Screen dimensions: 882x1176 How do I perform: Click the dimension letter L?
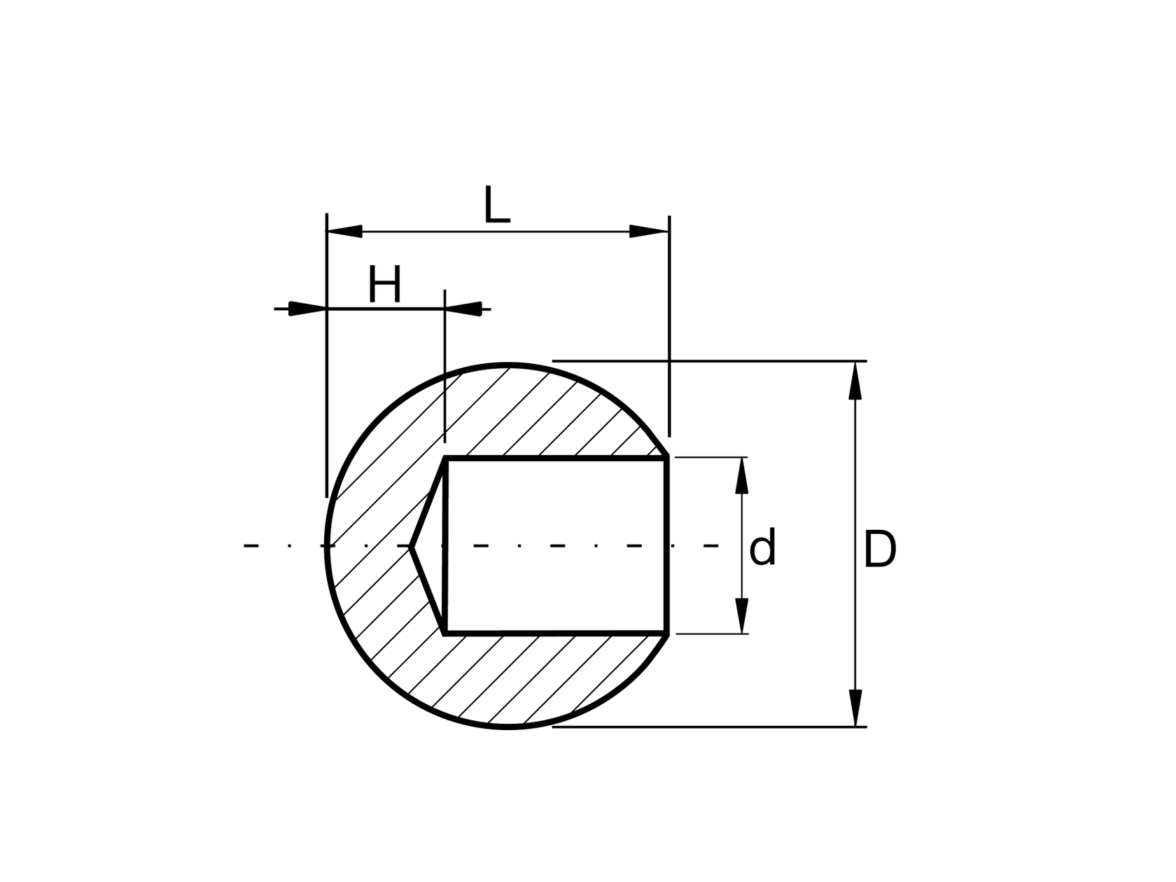496,206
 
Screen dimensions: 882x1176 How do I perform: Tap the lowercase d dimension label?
762,548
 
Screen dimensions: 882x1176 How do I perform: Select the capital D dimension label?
879,550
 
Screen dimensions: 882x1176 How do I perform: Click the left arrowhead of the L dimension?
344,231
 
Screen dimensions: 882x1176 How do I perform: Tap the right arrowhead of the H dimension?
463,309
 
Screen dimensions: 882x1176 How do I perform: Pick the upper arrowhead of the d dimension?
742,475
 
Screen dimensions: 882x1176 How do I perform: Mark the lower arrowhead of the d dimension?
742,616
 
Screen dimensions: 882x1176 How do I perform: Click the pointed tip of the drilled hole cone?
412,546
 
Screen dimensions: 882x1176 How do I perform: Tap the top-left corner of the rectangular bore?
445,458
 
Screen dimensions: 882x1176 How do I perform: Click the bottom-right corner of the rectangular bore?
667,633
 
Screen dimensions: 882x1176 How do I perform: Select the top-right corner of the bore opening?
667,458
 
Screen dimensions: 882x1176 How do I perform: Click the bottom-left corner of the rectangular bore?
445,633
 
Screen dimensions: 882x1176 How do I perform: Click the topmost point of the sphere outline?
509,365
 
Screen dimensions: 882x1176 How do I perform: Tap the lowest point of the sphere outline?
509,727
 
